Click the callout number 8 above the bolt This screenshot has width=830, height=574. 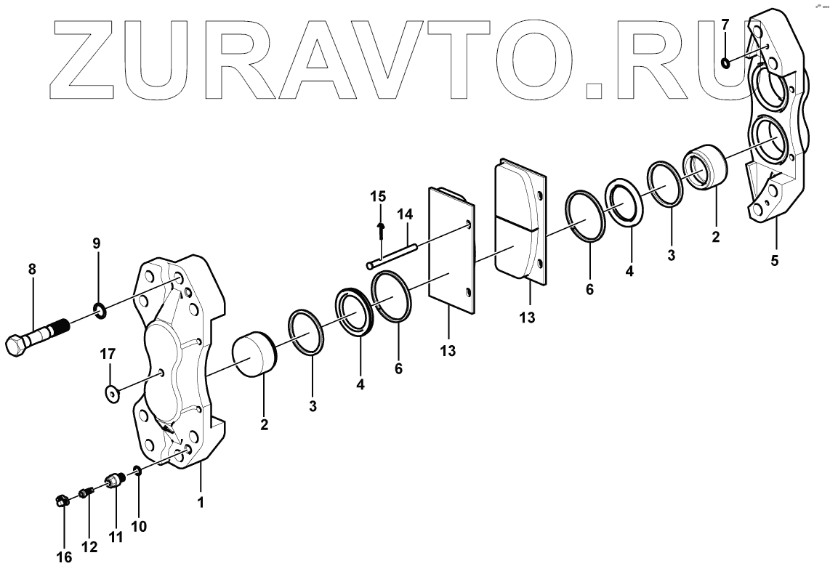(31, 270)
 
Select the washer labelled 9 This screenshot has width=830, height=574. (100, 312)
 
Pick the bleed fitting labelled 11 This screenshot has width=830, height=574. (113, 482)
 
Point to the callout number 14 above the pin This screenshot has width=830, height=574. (404, 214)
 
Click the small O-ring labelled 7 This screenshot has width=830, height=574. (725, 64)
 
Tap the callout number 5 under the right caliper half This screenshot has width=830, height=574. (775, 261)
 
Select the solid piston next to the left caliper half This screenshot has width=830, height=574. (255, 355)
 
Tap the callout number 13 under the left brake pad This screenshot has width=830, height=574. (448, 351)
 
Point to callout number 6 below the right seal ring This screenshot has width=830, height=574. (589, 289)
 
